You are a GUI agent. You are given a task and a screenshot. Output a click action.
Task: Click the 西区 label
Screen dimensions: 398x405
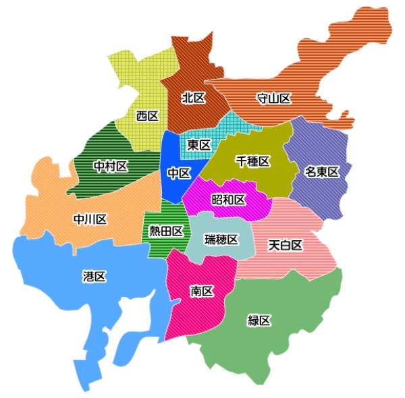tap(147, 116)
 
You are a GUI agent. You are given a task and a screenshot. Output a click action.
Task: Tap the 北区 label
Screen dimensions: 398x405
tap(193, 98)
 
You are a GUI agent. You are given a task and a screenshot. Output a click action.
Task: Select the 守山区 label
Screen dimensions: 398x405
tap(273, 99)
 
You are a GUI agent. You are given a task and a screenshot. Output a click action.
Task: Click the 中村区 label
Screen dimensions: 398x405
tap(110, 166)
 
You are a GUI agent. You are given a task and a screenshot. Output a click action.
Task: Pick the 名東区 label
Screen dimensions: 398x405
tap(321, 171)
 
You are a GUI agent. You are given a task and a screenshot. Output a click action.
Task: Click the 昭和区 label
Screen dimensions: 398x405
tap(228, 200)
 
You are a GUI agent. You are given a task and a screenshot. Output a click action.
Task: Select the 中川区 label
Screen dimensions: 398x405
tap(90, 219)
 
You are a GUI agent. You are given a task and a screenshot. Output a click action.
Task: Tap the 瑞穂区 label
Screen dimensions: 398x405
tap(221, 239)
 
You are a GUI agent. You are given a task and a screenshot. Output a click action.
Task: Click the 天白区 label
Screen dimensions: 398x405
tap(285, 244)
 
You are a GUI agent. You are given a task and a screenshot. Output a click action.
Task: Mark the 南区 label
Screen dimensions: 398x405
tap(202, 291)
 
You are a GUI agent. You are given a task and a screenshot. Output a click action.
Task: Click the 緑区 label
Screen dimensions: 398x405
tap(259, 321)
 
